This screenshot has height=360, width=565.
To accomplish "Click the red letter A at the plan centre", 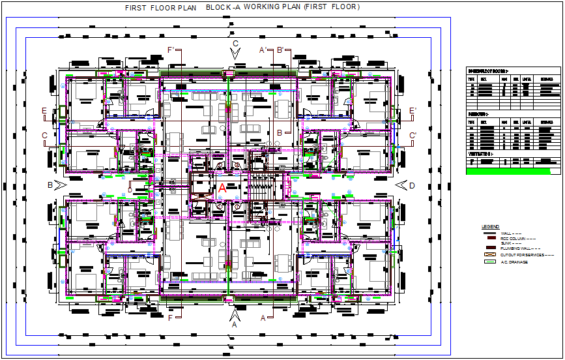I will click(222, 187).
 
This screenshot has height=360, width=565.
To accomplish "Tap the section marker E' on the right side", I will click(413, 111).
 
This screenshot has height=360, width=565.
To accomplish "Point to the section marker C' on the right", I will click(413, 136).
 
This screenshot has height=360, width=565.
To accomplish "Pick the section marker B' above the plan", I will click(280, 50).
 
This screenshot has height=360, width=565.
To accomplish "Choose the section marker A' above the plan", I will click(263, 50).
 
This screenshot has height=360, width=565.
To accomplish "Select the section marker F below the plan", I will click(170, 318).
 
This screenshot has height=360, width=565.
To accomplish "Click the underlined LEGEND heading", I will click(490, 227).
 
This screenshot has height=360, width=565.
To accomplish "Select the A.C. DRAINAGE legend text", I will click(514, 262).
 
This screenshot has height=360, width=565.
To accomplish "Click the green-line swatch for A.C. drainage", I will click(489, 262).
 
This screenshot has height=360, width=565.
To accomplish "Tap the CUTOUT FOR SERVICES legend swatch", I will click(489, 254).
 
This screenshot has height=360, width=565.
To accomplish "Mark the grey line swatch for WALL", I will click(489, 233).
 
